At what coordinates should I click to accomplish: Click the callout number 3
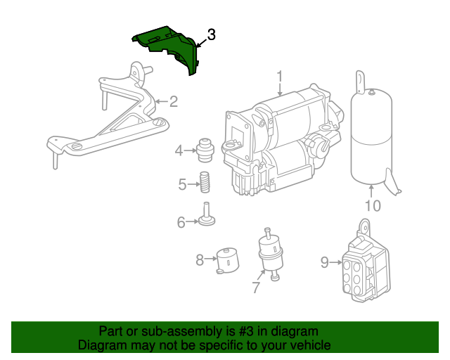[211, 34]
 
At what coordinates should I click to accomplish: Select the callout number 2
[173, 102]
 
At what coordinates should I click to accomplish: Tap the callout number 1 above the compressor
[279, 76]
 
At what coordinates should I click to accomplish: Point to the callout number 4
[179, 150]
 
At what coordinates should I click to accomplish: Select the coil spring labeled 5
[205, 182]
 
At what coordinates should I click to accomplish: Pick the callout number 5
[182, 185]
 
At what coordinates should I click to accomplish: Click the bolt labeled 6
[207, 215]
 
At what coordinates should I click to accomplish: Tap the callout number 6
[181, 223]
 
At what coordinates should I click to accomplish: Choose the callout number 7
[256, 288]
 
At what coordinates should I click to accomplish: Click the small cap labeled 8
[226, 259]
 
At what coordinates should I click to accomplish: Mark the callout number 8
[200, 260]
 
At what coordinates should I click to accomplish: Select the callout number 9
[325, 263]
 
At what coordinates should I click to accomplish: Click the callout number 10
[372, 206]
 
